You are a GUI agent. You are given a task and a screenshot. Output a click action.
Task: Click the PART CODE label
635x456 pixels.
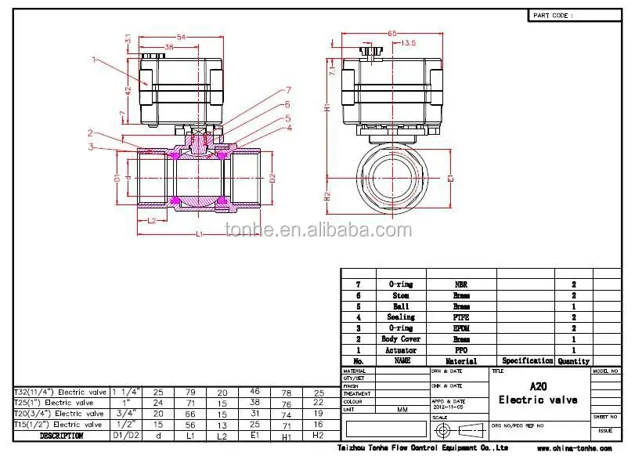click(x=553, y=15)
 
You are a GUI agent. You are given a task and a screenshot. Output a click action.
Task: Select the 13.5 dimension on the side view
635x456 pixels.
click(x=408, y=44)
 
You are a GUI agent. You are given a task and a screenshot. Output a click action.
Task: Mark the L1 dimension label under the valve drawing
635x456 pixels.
click(x=200, y=234)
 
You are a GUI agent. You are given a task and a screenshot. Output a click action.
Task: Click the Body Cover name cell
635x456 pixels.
click(x=401, y=339)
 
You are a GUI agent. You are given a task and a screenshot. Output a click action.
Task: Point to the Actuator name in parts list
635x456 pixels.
click(x=401, y=350)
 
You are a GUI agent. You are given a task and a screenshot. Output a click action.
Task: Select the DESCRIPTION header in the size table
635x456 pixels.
click(x=61, y=435)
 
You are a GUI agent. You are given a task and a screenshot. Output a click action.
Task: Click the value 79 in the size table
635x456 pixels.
click(x=189, y=391)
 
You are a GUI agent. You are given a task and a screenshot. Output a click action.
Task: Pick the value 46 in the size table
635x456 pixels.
click(x=254, y=391)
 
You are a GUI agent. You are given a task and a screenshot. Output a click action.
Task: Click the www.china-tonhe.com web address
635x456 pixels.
click(x=574, y=448)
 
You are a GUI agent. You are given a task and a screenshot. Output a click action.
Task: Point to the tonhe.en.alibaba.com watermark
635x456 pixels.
click(x=318, y=230)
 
